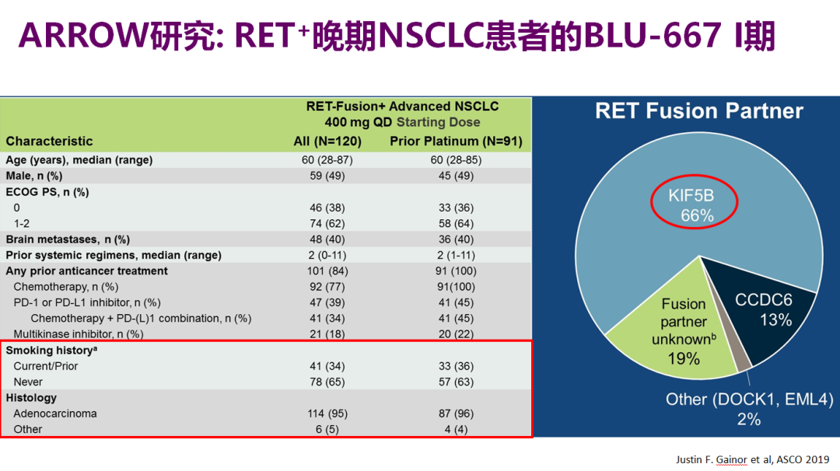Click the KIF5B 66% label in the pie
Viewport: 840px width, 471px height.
pos(691,205)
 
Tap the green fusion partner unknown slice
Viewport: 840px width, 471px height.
pos(681,332)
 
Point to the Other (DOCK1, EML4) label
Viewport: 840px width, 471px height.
pos(749,409)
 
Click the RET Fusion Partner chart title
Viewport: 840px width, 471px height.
pos(699,111)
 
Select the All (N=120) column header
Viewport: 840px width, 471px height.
pos(327,141)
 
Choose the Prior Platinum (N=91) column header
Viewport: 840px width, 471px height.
pos(456,141)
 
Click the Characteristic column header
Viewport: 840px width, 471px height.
pos(49,141)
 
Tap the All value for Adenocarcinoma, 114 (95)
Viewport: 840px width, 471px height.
pos(327,413)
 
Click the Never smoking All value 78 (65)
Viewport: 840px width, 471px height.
pos(327,382)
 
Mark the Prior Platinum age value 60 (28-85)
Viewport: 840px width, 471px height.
pos(456,160)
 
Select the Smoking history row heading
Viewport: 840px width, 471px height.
pos(51,350)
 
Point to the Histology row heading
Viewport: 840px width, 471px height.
pos(31,398)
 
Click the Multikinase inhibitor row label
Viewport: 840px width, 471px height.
pos(79,334)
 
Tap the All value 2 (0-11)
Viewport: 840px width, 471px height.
pos(327,255)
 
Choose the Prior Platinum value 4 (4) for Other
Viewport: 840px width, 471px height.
pos(456,429)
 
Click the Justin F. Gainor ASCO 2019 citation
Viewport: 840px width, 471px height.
pos(752,459)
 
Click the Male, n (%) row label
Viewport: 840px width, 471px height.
pos(33,176)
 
